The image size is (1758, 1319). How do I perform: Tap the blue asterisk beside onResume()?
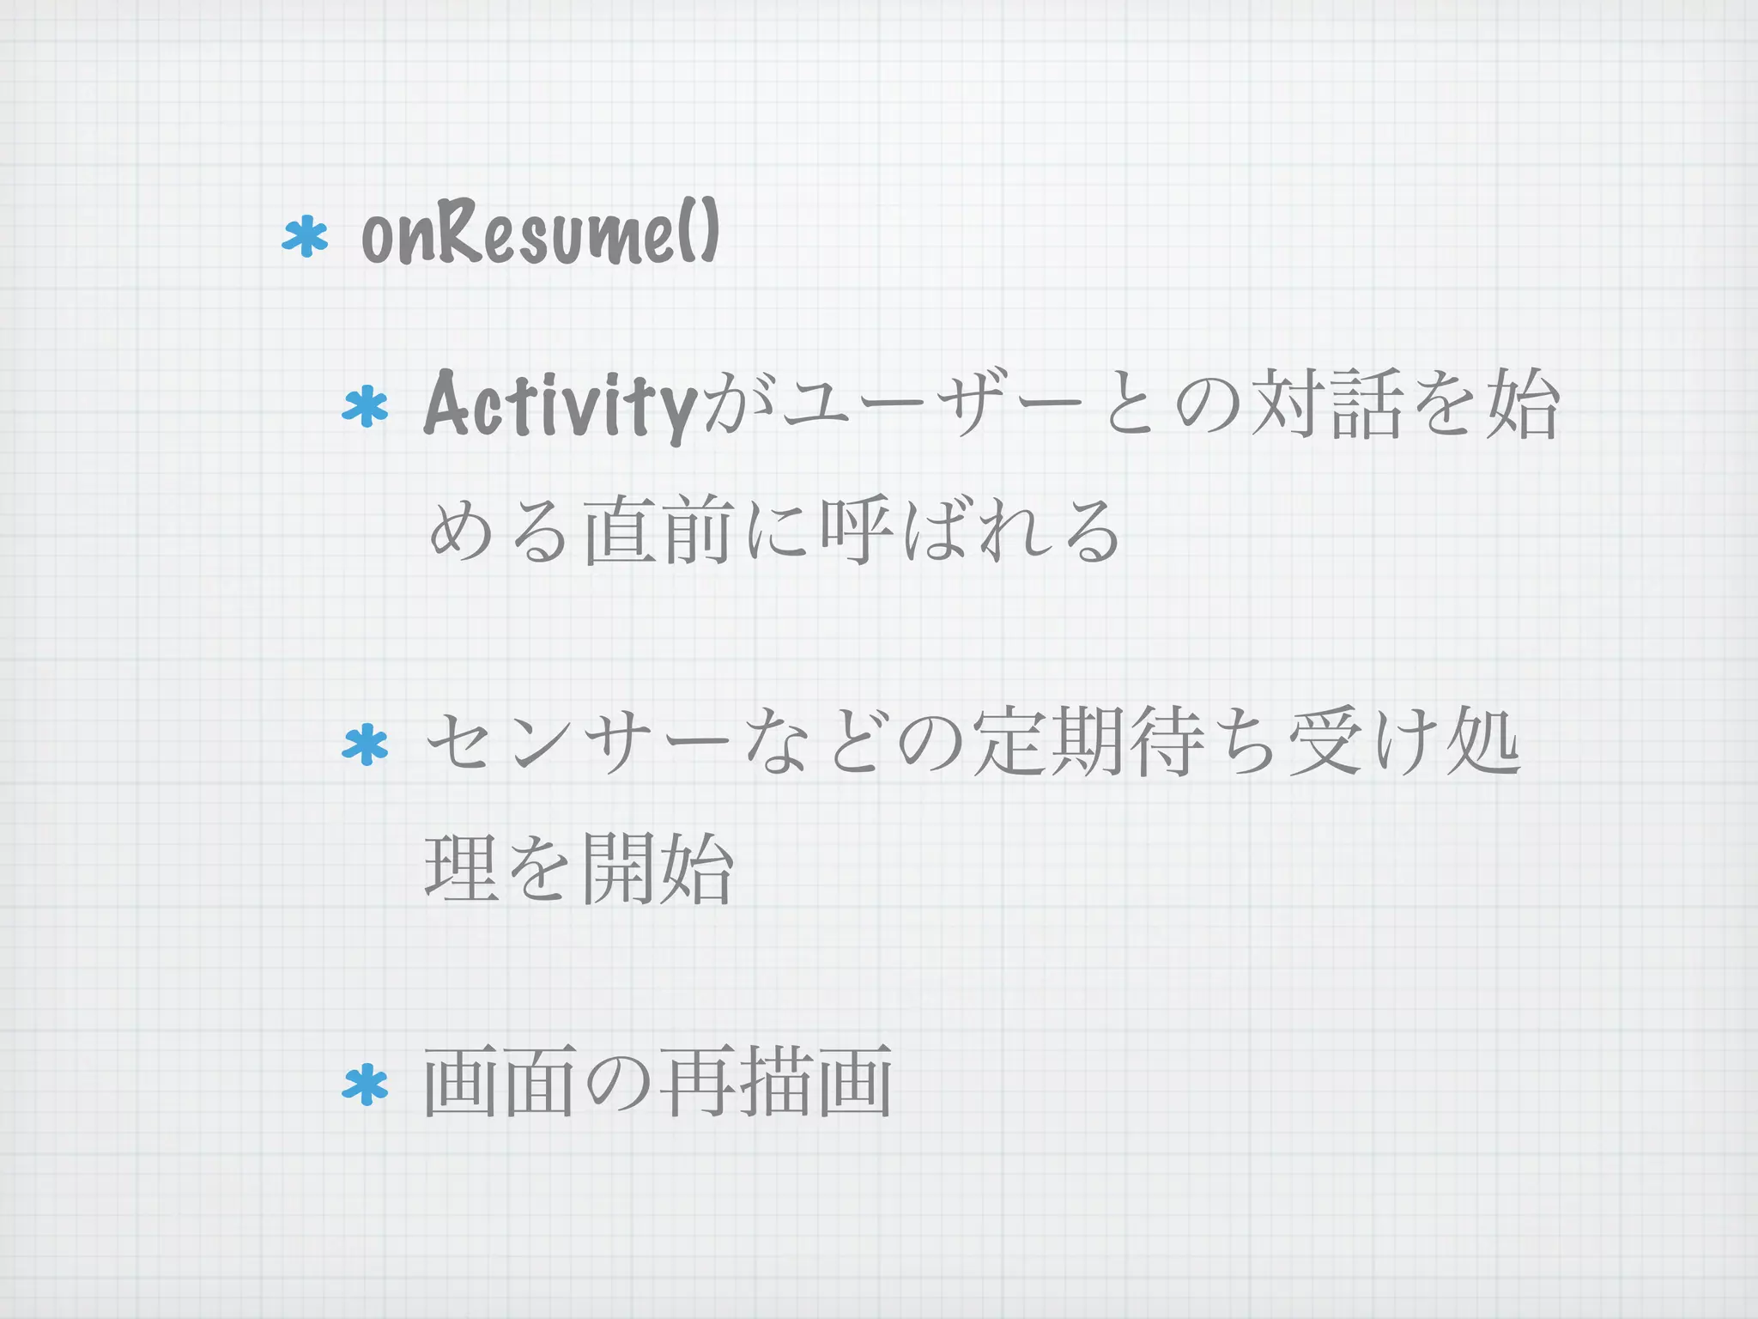click(306, 239)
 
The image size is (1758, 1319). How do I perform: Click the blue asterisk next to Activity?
click(365, 407)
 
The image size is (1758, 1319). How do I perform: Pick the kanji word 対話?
click(1326, 404)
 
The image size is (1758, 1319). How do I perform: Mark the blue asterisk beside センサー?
click(365, 745)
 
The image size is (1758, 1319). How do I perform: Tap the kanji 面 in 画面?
click(540, 1081)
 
